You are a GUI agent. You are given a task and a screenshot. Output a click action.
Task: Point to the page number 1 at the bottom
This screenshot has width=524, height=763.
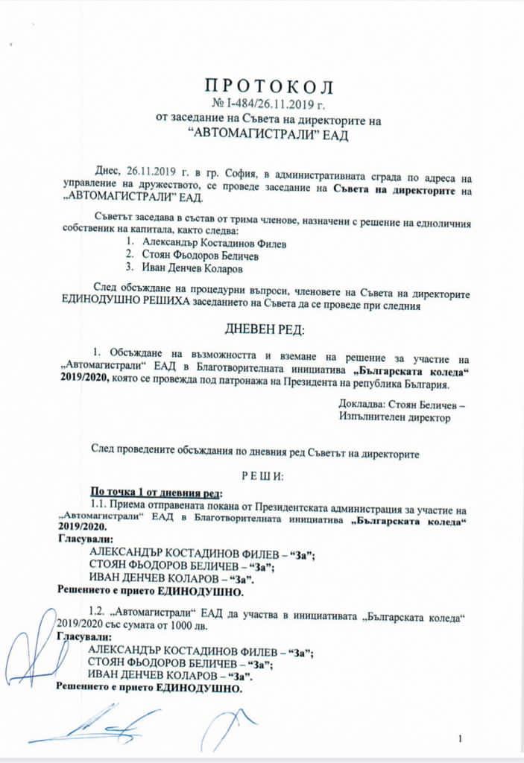click(461, 738)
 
